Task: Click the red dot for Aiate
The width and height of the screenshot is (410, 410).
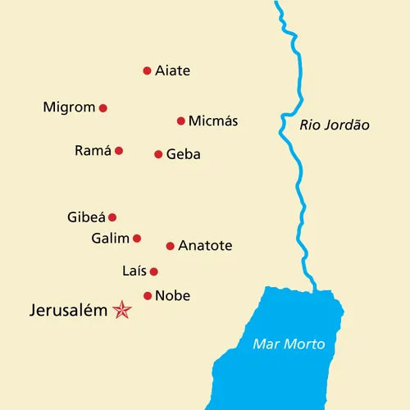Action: click(148, 71)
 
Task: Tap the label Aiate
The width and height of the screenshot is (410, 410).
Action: click(172, 71)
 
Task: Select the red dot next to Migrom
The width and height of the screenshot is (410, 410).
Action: click(103, 107)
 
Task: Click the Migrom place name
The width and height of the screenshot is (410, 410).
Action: click(69, 107)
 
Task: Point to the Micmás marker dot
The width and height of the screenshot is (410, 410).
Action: click(181, 121)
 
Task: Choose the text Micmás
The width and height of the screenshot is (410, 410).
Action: click(213, 121)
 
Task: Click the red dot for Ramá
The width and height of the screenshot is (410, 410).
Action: click(119, 151)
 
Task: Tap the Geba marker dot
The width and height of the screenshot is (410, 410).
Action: click(158, 154)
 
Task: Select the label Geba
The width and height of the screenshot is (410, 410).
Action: click(183, 154)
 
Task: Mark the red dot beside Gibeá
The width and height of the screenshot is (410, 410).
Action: click(112, 217)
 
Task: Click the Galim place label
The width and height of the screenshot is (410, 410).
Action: click(111, 239)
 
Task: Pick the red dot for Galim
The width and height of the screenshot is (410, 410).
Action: click(137, 239)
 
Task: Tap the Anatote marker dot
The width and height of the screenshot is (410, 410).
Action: click(171, 246)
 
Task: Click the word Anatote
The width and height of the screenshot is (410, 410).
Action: click(205, 246)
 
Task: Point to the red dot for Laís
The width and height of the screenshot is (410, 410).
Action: click(153, 271)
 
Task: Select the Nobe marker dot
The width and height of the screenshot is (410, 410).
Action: click(148, 296)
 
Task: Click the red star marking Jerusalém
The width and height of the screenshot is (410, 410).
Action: click(122, 310)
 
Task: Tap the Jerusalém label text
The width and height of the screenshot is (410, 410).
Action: click(68, 311)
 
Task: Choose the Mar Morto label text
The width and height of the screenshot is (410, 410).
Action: click(289, 344)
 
